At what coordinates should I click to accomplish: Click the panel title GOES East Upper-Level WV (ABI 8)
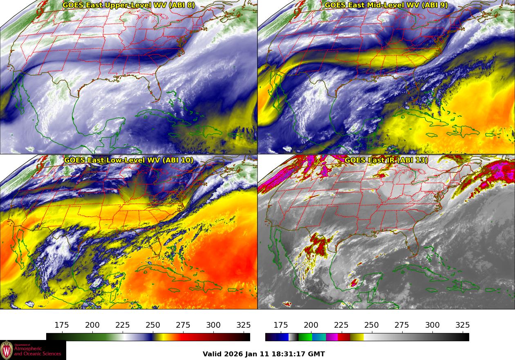point(128,5)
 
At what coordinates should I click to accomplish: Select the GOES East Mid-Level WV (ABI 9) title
point(386,5)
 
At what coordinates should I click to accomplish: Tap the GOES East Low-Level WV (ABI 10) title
point(128,160)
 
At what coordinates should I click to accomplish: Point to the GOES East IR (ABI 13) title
point(386,160)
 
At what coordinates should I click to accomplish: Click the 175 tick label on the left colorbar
point(62,325)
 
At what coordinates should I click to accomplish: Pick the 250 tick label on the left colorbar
point(153,325)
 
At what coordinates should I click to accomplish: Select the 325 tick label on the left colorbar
point(244,325)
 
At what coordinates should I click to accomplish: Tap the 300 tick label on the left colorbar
point(213,325)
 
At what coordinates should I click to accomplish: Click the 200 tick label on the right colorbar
point(311,325)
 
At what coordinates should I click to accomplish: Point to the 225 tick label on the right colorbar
point(341,325)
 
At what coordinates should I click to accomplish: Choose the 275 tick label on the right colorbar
point(402,325)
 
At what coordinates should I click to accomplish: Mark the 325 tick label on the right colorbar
point(462,325)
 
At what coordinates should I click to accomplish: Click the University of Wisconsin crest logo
point(7,350)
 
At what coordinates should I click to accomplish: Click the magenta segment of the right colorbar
point(331,337)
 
